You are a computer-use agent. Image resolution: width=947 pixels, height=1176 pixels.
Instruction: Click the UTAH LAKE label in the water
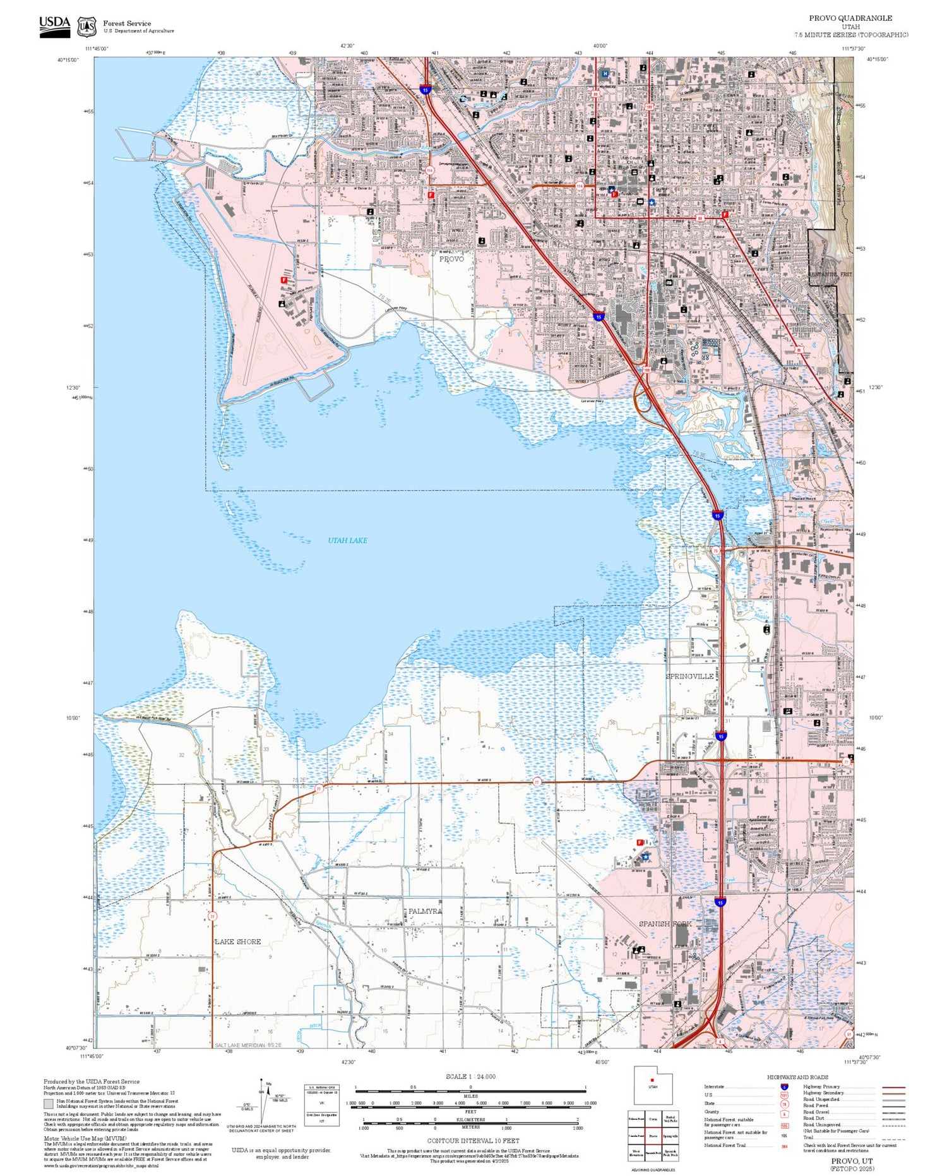click(x=347, y=541)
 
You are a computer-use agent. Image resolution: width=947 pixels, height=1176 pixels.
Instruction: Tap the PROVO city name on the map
click(x=451, y=259)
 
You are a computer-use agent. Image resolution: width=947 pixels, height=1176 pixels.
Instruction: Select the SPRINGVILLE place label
click(x=689, y=676)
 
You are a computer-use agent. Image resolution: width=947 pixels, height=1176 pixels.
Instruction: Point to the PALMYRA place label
click(x=425, y=911)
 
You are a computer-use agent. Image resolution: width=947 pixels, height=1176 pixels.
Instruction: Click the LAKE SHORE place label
click(x=238, y=941)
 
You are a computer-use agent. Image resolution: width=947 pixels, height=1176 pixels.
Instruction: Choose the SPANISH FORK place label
click(x=665, y=923)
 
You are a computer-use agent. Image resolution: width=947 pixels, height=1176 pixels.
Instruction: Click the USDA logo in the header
click(x=55, y=26)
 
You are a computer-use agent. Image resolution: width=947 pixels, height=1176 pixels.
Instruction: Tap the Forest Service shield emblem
click(x=86, y=27)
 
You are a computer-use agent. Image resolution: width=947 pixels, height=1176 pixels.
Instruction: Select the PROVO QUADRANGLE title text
click(x=850, y=18)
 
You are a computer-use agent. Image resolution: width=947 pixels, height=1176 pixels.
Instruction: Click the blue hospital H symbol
click(x=605, y=74)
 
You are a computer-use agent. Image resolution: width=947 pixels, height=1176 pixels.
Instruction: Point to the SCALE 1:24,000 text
click(x=470, y=1076)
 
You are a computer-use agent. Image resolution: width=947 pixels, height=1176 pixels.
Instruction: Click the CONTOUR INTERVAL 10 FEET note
click(x=473, y=1141)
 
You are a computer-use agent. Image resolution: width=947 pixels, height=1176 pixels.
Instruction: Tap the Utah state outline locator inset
click(x=653, y=1086)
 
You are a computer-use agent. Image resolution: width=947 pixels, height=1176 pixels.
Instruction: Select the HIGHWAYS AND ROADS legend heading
click(x=797, y=1077)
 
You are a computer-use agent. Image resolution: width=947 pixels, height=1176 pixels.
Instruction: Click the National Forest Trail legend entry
click(x=724, y=1145)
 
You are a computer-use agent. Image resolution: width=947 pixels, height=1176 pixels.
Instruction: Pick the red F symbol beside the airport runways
click(x=284, y=280)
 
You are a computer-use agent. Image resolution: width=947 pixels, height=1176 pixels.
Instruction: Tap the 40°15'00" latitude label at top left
click(x=68, y=60)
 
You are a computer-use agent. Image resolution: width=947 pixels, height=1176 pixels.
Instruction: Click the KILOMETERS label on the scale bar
click(x=470, y=1119)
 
